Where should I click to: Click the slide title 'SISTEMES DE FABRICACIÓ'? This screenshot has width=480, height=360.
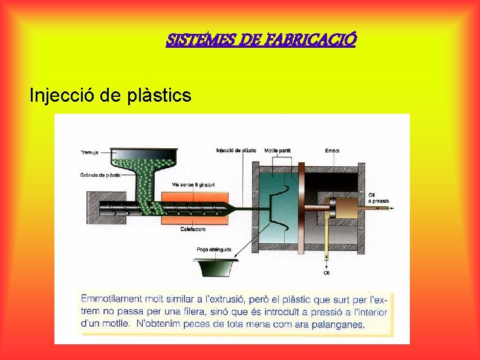click(261, 41)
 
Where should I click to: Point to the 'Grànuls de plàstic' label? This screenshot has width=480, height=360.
click(100, 175)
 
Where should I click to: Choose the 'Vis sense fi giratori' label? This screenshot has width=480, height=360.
click(193, 185)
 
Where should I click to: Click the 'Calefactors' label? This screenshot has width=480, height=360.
click(193, 229)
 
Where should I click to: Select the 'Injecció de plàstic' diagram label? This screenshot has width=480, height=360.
click(236, 149)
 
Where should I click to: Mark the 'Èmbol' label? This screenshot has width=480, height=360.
click(332, 149)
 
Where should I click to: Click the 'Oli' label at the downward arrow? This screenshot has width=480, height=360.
click(326, 273)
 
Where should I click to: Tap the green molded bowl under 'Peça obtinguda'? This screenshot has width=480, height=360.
click(214, 267)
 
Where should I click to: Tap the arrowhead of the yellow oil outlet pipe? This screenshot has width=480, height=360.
click(326, 264)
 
